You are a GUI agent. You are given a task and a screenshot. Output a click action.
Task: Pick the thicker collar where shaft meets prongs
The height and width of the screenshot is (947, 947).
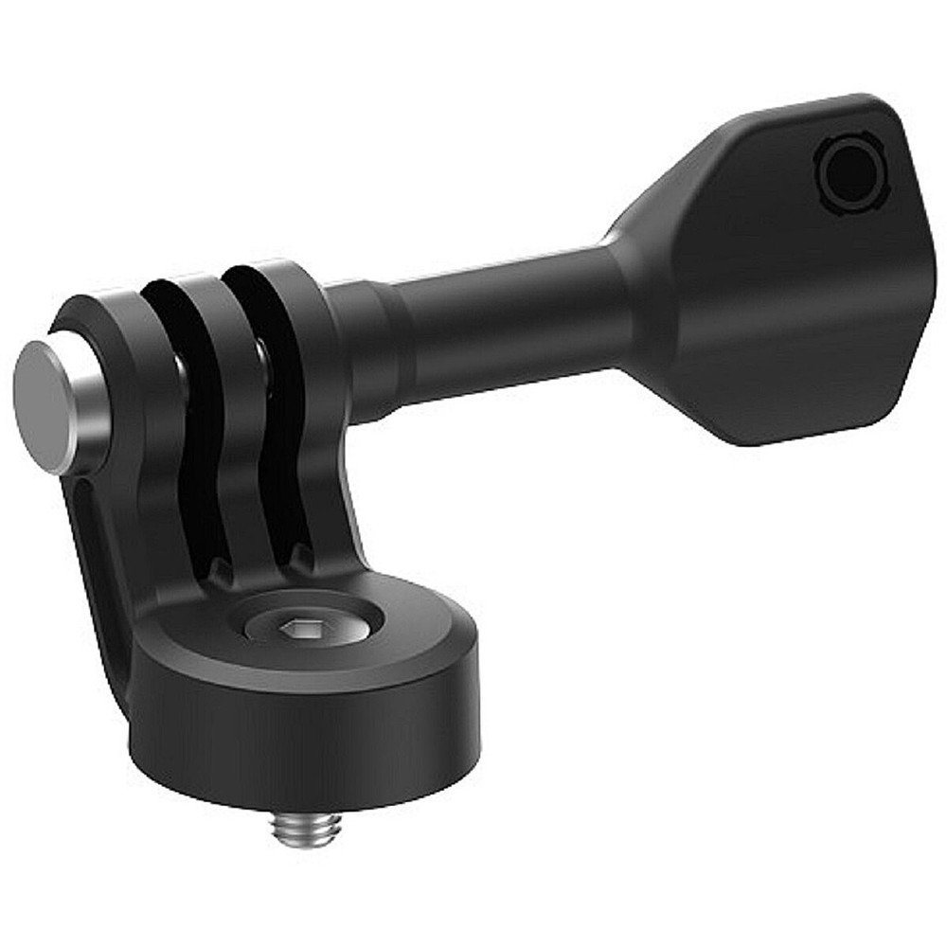coord(365,350)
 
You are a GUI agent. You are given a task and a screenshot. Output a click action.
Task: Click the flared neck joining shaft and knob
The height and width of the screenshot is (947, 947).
coord(630,284)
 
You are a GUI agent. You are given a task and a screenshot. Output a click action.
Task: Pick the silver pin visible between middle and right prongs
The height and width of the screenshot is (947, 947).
coord(260,355)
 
